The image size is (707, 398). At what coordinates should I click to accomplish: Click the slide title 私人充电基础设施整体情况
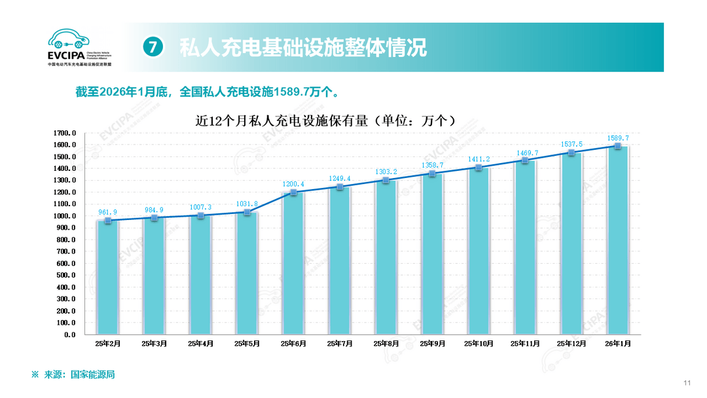pyautogui.click(x=302, y=47)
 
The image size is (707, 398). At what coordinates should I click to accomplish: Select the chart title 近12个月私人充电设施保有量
pyautogui.click(x=325, y=120)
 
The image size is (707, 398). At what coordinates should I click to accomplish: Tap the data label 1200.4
pyautogui.click(x=293, y=184)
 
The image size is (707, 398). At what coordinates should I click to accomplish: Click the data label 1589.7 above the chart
pyautogui.click(x=617, y=138)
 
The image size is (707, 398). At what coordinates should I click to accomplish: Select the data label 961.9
pyautogui.click(x=107, y=212)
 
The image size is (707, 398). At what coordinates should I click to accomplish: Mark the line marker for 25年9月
pyautogui.click(x=432, y=173)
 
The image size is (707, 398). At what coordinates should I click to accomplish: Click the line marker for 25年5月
pyautogui.click(x=247, y=212)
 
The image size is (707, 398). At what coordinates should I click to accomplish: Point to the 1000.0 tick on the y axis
pyautogui.click(x=64, y=216)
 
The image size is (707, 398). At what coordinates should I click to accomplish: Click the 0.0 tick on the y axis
pyautogui.click(x=69, y=335)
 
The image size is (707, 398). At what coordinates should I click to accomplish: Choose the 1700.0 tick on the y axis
pyautogui.click(x=64, y=133)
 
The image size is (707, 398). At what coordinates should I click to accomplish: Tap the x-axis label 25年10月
pyautogui.click(x=479, y=344)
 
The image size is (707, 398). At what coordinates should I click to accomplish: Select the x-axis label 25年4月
pyautogui.click(x=200, y=344)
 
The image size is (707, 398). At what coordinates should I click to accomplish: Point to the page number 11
pyautogui.click(x=687, y=383)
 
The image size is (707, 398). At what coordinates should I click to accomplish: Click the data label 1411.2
pyautogui.click(x=479, y=159)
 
